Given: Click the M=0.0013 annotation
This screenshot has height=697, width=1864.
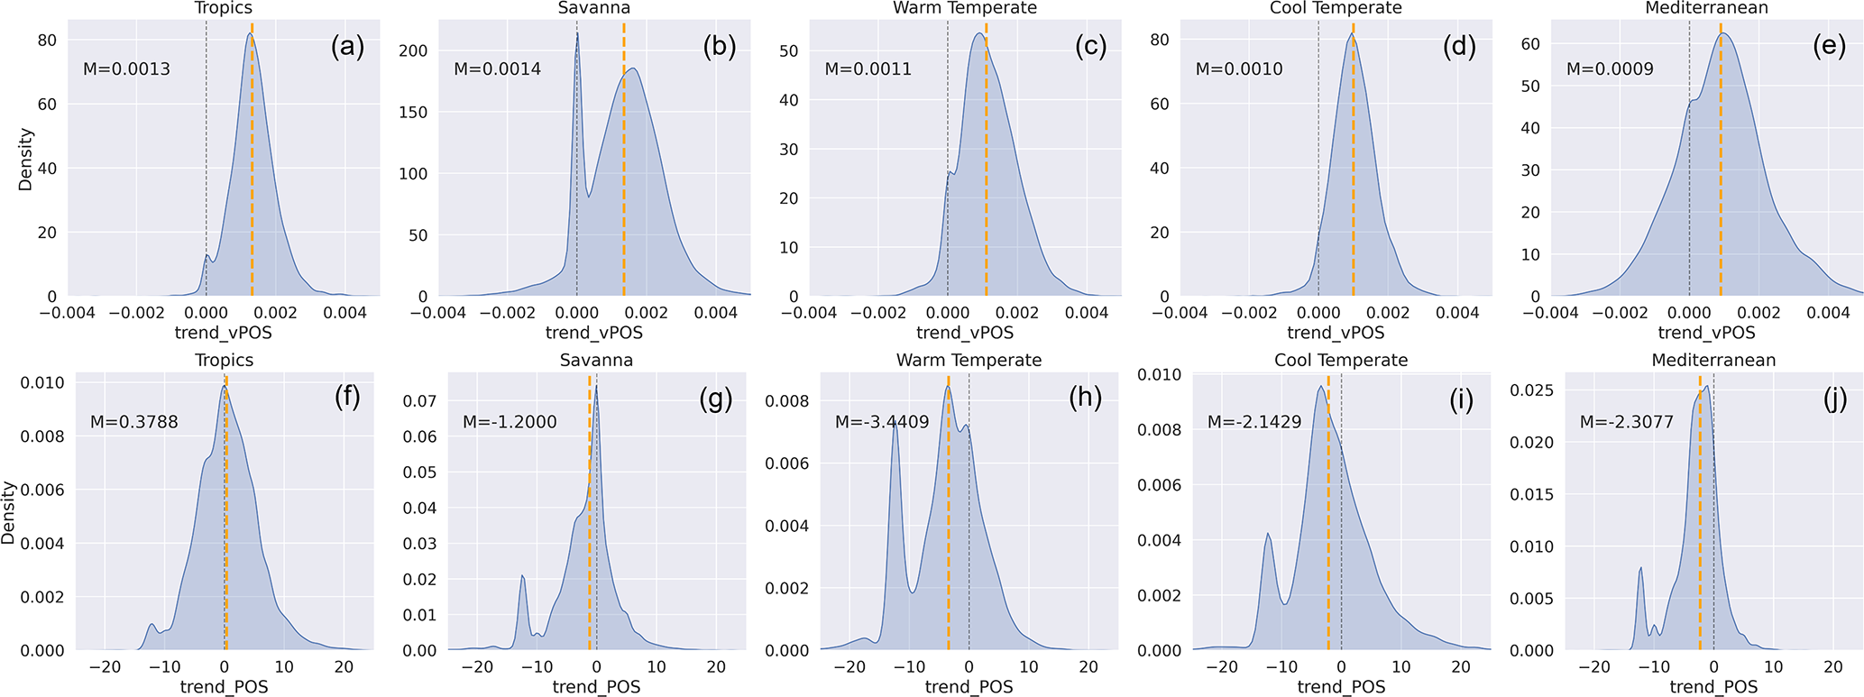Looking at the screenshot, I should pos(126,69).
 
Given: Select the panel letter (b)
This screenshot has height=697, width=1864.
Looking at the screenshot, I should pos(719,47).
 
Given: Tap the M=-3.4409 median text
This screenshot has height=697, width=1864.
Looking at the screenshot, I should pos(881,422).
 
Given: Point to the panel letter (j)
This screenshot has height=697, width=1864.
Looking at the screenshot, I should pos(1835,399).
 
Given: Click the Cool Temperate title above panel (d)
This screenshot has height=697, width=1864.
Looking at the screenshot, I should pos(1336,8).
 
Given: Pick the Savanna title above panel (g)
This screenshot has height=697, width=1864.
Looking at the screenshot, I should pos(596,360).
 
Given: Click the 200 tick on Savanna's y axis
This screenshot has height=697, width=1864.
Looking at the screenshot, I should pos(413,50).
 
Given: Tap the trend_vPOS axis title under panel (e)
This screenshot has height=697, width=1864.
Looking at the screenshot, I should pos(1706,333).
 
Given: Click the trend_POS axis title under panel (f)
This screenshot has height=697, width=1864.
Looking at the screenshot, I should pos(225,687).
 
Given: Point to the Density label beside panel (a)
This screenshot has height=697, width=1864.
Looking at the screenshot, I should pos(25,159).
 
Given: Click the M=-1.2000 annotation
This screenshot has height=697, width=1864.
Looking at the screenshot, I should pos(510,422).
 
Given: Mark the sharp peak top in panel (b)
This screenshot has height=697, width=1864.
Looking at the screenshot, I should pos(577,34).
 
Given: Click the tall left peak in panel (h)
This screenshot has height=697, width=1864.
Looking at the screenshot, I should pos(895,424).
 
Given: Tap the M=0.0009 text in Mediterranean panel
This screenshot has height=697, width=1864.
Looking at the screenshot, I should pos(1610,69).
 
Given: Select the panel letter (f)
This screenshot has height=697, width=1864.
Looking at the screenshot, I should pos(347,399).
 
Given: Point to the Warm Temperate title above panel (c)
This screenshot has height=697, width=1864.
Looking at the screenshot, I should pos(964,8).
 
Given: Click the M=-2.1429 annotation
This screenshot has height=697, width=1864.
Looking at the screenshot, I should pos(1254,422).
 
